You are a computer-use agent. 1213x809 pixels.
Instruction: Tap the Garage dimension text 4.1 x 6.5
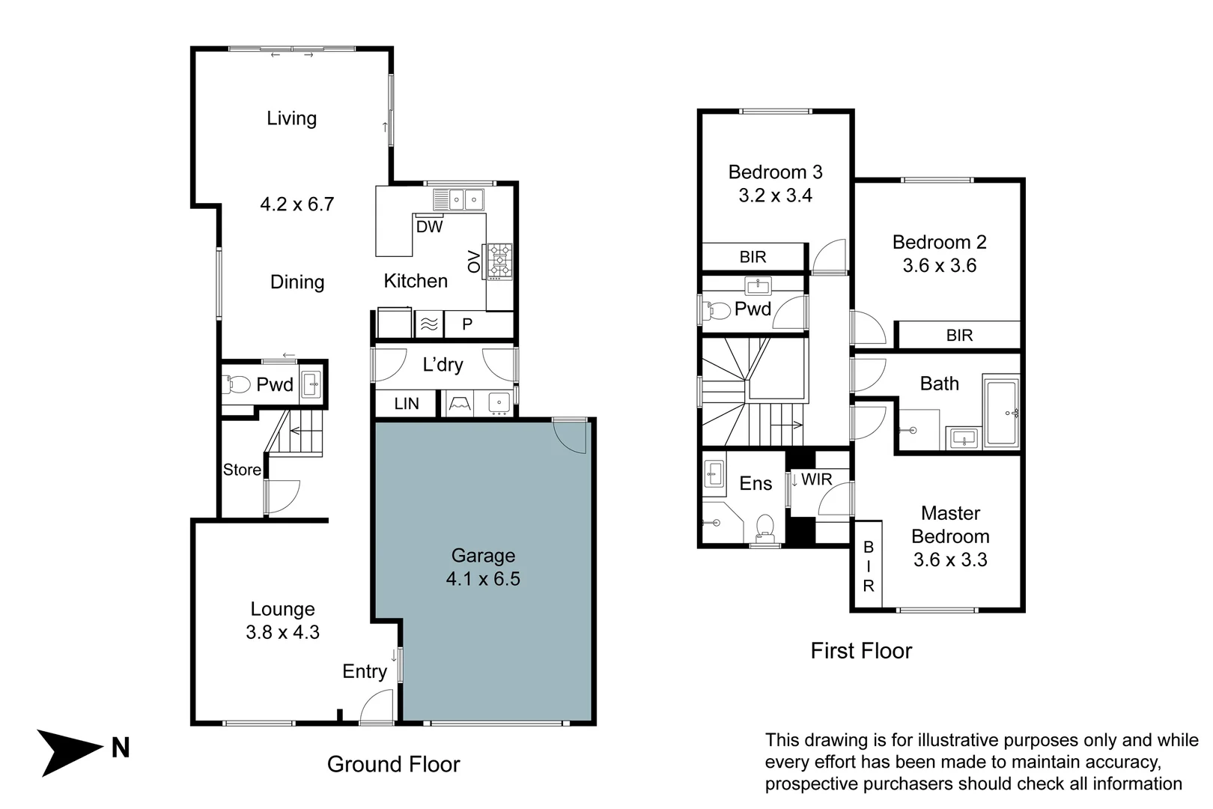coord(483,579)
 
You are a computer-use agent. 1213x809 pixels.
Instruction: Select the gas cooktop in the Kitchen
coord(499,261)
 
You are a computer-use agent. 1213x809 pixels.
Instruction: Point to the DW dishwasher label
coord(429,226)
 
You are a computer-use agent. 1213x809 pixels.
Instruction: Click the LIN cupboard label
coord(406,404)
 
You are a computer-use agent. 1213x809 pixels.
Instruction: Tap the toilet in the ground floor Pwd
coord(237,385)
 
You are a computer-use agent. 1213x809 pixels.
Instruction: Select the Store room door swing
coord(282,497)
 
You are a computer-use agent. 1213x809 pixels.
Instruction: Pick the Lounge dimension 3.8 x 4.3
coord(282,632)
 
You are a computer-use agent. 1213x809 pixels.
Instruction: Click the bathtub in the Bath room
coord(1002,413)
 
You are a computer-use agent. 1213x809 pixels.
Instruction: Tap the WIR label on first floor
coord(816,479)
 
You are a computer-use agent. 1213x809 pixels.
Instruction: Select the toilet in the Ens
coord(764,526)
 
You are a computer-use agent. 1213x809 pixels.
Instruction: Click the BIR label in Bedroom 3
coord(753,257)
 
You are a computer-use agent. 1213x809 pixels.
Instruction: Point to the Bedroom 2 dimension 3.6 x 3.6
coord(939,266)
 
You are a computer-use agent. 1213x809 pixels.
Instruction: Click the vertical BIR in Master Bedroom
coord(869,566)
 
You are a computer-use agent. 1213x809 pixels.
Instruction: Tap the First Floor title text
coord(861,650)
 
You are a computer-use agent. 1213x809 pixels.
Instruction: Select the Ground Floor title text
coord(393,764)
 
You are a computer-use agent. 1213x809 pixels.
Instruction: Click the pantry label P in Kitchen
coord(467,324)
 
